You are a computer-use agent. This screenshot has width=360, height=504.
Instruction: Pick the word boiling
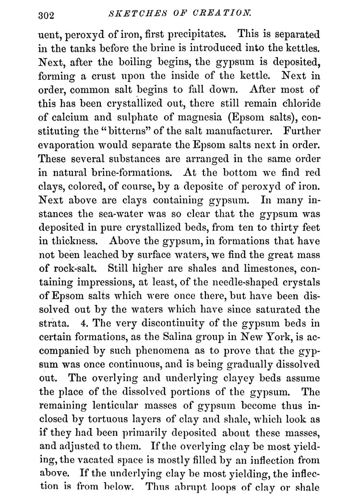click(x=136, y=62)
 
